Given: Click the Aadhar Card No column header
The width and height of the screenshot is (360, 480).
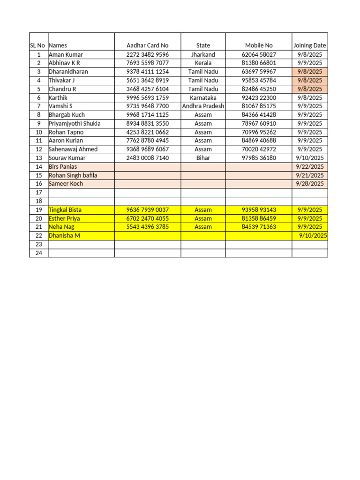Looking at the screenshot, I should click(147, 45).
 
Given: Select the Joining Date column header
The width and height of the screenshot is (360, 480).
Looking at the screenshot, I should click(309, 45).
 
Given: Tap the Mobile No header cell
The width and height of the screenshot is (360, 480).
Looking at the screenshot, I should click(259, 45).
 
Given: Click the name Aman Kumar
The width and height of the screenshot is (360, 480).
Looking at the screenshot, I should click(66, 54).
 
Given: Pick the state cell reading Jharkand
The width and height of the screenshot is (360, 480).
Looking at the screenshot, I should click(203, 54).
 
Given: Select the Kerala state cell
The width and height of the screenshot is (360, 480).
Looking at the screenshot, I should click(203, 63).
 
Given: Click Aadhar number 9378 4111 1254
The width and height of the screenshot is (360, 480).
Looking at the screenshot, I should click(147, 72).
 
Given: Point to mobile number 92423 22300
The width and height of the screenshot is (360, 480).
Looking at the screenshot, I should click(259, 97).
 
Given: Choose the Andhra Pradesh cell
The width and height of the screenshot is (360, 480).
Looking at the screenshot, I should click(203, 106).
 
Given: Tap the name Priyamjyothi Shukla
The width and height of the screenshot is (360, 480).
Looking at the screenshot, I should click(75, 123).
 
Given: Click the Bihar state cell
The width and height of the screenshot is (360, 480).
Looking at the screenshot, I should click(203, 158).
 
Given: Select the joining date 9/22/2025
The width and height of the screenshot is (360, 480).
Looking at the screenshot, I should click(309, 166).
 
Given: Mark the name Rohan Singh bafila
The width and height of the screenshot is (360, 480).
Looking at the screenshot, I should click(73, 175).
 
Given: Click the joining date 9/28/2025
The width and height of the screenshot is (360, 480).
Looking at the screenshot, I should click(309, 184).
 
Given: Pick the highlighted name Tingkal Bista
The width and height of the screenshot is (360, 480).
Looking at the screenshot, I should click(64, 210).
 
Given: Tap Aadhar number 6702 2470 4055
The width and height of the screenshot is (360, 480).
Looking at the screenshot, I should click(147, 218).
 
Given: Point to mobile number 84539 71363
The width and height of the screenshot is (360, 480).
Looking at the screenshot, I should click(259, 227).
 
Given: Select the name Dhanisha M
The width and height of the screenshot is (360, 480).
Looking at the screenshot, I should click(64, 235).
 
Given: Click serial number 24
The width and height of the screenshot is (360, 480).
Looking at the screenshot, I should click(38, 253).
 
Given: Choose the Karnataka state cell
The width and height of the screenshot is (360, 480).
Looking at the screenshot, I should click(203, 97).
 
